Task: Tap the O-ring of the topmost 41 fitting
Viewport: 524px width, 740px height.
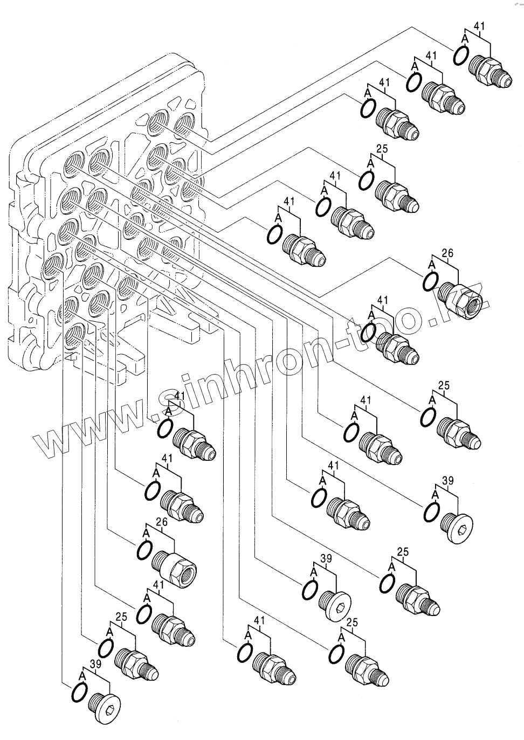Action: tap(460, 56)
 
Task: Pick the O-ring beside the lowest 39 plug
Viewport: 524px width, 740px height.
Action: tap(78, 691)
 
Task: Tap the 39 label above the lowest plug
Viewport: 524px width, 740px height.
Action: tap(95, 664)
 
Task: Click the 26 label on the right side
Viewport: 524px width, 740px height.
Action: tap(447, 253)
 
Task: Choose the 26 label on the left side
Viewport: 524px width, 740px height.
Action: tap(162, 522)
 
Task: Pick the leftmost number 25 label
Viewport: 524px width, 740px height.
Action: tap(121, 617)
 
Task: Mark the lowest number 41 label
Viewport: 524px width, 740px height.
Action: tap(259, 621)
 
